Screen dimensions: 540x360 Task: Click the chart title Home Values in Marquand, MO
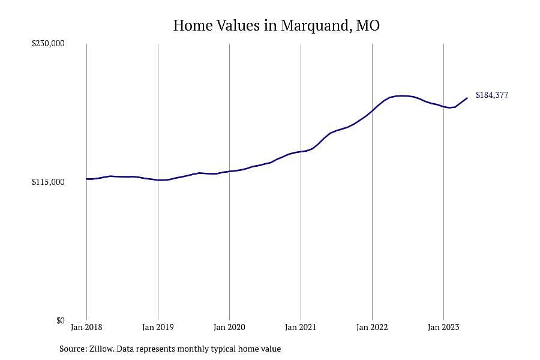(x=276, y=25)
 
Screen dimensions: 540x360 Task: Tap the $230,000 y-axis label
(x=48, y=43)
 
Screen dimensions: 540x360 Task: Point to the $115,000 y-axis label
(x=48, y=182)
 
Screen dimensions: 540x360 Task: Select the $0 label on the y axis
(x=60, y=321)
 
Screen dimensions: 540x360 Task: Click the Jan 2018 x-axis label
(x=86, y=327)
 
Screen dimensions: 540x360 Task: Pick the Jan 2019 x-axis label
(x=158, y=327)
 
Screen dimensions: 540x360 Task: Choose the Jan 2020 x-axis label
(x=229, y=327)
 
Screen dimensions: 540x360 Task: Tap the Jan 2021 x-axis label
(x=301, y=327)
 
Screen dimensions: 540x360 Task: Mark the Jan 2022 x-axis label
(x=372, y=327)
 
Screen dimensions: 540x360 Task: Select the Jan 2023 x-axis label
(x=443, y=327)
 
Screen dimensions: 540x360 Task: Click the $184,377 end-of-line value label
(x=492, y=95)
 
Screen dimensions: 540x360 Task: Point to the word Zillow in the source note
(x=101, y=349)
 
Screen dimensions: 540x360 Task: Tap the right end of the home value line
(x=467, y=98)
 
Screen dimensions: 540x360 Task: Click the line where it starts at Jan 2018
(x=86, y=179)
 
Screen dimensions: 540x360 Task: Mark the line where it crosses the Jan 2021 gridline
(x=301, y=152)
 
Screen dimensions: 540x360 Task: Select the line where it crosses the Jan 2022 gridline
(x=372, y=110)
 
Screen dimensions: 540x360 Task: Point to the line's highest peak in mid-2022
(x=401, y=95)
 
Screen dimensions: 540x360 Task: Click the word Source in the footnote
(x=73, y=349)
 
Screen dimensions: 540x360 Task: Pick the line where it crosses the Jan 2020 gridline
(x=229, y=171)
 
